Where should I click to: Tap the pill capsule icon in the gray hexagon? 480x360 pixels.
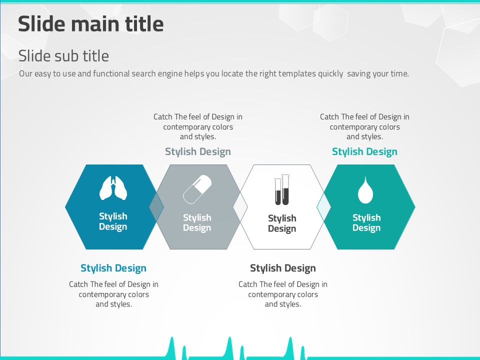pos(197,189)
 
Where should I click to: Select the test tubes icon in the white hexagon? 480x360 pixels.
pos(282,190)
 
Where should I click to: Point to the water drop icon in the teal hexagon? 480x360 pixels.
pos(365,189)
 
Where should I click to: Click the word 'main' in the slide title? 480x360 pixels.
pos(98,24)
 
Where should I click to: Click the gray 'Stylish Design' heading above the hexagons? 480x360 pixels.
pos(198,151)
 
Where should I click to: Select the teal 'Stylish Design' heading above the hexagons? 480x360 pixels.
pos(364,151)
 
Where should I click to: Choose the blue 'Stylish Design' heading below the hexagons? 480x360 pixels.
pos(113,268)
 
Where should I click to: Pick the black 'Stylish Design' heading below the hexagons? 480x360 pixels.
pos(283,268)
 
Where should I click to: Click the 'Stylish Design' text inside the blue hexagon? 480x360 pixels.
pos(113,221)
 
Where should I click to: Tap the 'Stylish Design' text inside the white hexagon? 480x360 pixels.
pos(282,223)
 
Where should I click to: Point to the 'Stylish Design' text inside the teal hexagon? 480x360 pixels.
pos(366,222)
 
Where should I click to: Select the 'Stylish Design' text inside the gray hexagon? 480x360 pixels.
pos(197,222)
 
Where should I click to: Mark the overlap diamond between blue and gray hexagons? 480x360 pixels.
pos(156,207)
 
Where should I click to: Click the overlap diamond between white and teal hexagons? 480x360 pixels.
pos(324,207)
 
